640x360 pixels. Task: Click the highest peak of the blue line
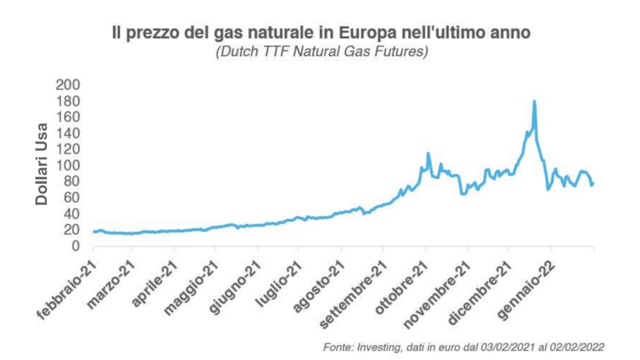click(x=534, y=101)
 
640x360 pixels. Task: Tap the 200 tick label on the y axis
click(x=69, y=85)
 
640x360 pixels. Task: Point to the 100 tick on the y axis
click(x=69, y=166)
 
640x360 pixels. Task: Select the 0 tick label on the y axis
click(x=76, y=246)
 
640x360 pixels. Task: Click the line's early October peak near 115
click(x=428, y=153)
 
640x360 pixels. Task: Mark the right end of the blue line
click(x=592, y=183)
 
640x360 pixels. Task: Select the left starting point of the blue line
click(x=93, y=232)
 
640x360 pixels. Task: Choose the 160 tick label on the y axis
click(x=69, y=117)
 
